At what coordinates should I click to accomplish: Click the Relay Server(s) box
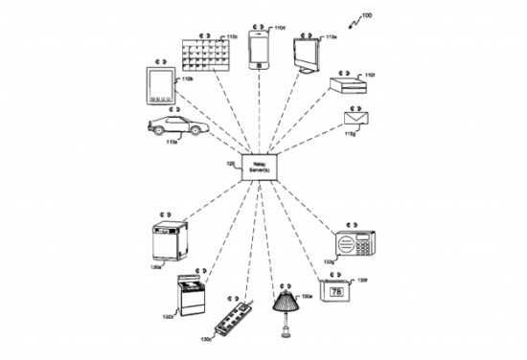[261, 167]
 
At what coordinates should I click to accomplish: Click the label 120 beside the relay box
[230, 165]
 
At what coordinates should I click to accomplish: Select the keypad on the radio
[364, 244]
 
